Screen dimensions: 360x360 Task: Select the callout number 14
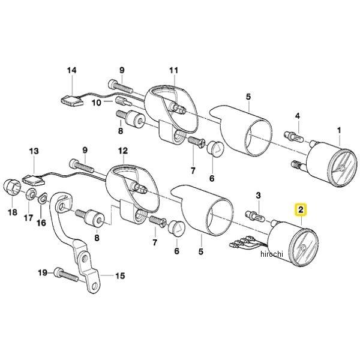[71, 71]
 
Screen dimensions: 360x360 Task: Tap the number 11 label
[173, 71]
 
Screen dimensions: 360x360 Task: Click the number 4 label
[296, 116]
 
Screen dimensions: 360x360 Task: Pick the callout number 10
[95, 103]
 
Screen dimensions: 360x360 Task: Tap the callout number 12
[122, 149]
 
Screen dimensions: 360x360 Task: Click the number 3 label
[257, 196]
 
